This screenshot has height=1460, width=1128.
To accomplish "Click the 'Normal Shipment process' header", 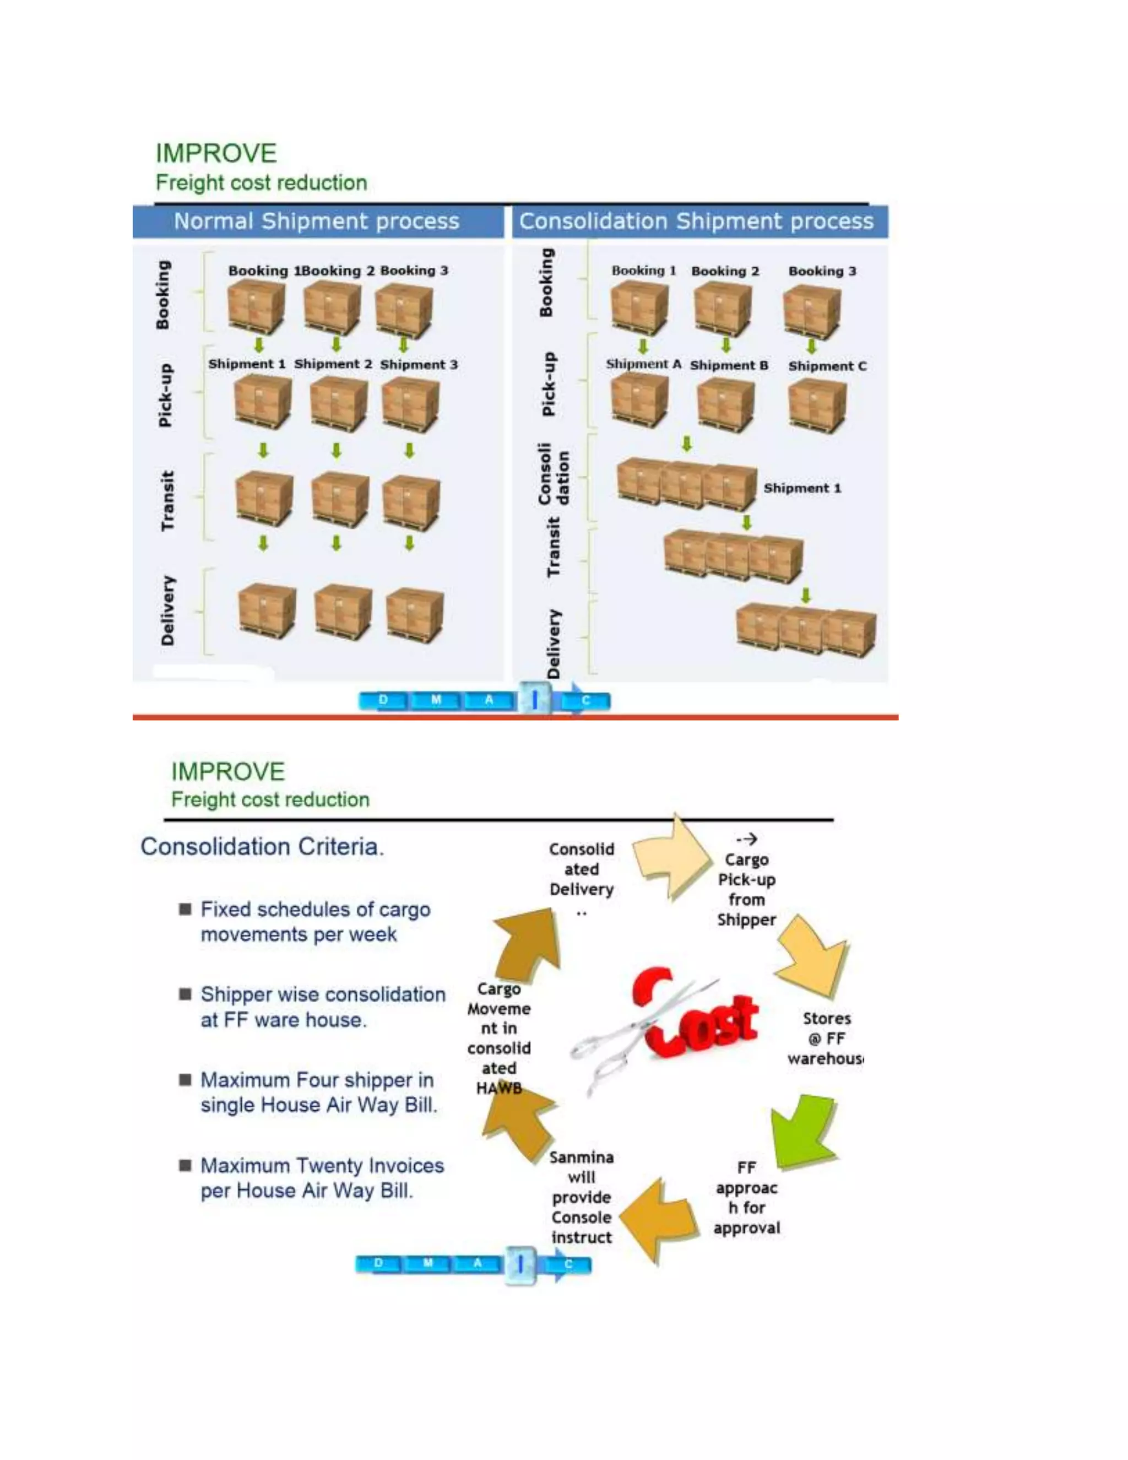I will tap(316, 221).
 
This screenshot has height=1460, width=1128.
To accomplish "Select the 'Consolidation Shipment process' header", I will tap(696, 221).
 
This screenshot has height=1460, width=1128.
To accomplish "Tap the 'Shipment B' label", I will tap(729, 366).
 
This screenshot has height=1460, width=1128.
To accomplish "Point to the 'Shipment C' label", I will tap(827, 366).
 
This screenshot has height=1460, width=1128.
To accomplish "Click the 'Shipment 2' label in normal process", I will tap(333, 364).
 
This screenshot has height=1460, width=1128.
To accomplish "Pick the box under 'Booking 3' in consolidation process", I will tap(812, 311).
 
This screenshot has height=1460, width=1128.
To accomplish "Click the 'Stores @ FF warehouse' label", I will tap(827, 1038).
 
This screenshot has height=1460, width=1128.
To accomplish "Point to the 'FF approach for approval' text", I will tap(746, 1197).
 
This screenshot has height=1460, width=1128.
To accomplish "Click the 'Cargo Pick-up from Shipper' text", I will tap(746, 889).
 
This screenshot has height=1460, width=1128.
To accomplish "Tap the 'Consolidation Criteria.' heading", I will tap(262, 847).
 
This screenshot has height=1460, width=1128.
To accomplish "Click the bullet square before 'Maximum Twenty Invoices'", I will tap(185, 1165).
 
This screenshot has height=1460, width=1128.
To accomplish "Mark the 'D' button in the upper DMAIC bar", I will tap(383, 700).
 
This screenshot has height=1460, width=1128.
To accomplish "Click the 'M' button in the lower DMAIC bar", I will tap(427, 1263).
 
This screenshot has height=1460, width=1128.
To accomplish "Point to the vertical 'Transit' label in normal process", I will tap(167, 501).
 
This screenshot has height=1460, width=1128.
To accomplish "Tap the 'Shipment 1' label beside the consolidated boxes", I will tap(802, 488).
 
